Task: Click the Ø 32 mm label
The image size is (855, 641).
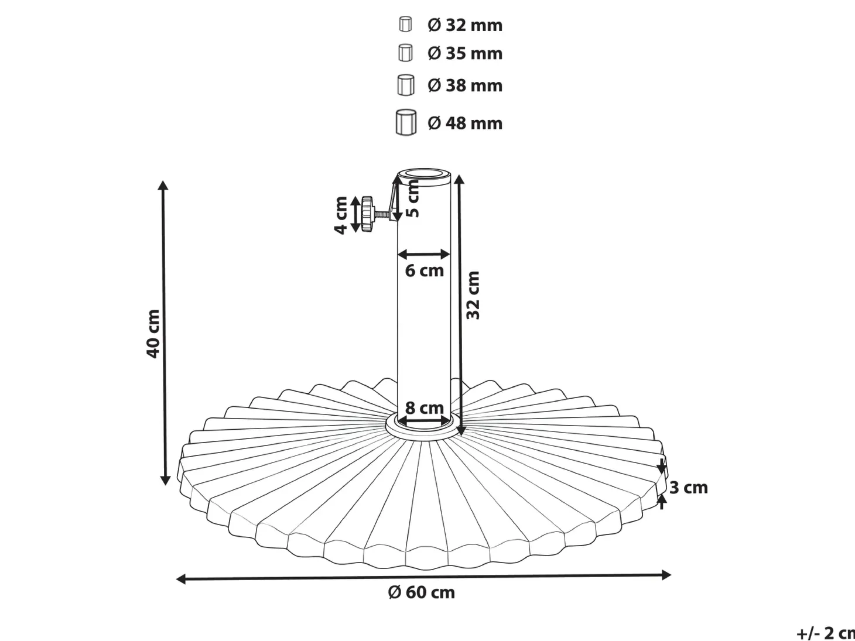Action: pyautogui.click(x=465, y=25)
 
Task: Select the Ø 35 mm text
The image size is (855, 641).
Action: pyautogui.click(x=465, y=53)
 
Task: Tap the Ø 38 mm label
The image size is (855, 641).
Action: pyautogui.click(x=465, y=85)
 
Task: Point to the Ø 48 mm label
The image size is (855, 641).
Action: pyautogui.click(x=465, y=123)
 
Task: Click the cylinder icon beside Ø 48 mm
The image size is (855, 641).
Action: pyautogui.click(x=406, y=122)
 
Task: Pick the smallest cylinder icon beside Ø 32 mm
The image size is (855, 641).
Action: pyautogui.click(x=405, y=24)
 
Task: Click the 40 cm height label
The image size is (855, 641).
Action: pyautogui.click(x=153, y=334)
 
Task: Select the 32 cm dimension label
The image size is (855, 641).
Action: pyautogui.click(x=473, y=296)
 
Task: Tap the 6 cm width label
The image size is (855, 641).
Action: pyautogui.click(x=424, y=271)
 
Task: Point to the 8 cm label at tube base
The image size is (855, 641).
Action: pyautogui.click(x=424, y=408)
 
